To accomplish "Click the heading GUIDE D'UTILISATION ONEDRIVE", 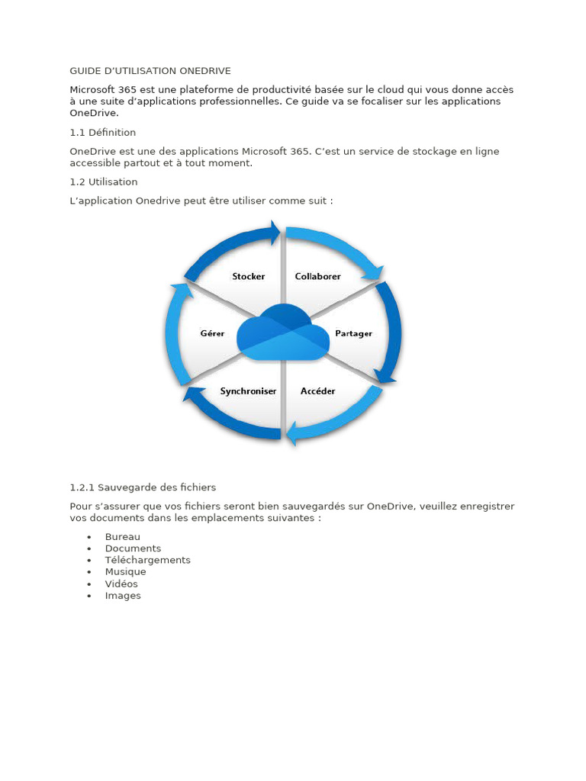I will pos(150,71).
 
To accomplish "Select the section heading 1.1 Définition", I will pos(102,133).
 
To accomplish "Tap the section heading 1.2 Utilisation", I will pos(103,182).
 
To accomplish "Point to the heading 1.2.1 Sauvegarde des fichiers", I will pos(143,487).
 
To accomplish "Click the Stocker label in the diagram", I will pos(248,276).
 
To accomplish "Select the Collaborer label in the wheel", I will pos(317,276).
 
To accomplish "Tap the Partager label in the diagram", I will pos(353,334).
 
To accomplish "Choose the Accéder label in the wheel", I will pos(317,391).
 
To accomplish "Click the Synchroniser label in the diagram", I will pos(248,391).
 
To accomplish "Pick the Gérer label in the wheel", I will pos(212,334).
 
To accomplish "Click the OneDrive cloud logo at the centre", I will pos(283,333).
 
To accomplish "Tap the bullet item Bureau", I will pos(122,537).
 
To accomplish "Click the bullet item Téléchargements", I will pos(147,560).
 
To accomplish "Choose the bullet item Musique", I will pos(125,572).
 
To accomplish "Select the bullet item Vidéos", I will pos(121,584).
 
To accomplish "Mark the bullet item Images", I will pos(123,596).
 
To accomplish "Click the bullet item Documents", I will pos(133,548).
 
